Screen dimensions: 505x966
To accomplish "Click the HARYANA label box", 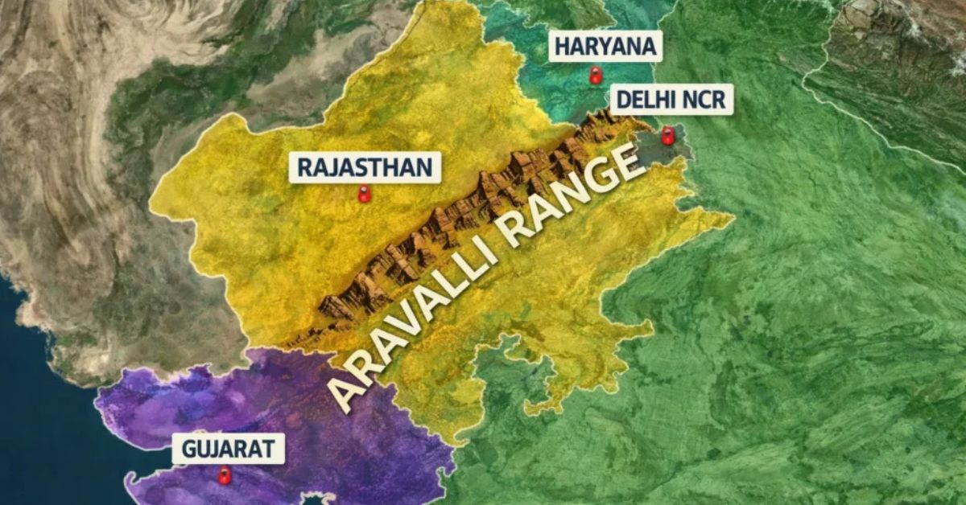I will [x=605, y=47].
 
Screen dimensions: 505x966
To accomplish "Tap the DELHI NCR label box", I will [x=671, y=101].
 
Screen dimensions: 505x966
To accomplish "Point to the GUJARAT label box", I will [x=228, y=449].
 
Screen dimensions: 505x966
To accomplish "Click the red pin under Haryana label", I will [x=596, y=76].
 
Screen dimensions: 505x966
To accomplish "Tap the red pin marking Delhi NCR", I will [x=667, y=136].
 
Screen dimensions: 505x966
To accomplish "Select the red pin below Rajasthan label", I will [x=364, y=195].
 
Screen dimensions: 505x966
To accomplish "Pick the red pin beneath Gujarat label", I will [x=224, y=476].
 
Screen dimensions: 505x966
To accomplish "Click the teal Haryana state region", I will [x=555, y=80].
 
